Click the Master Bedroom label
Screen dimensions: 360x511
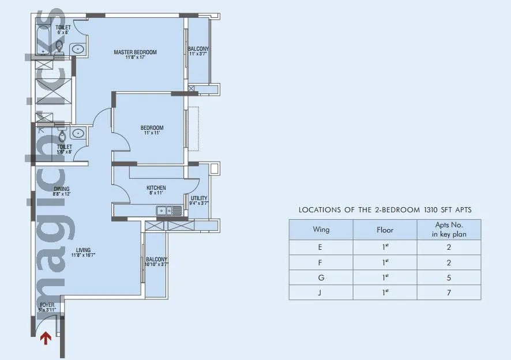click(135, 52)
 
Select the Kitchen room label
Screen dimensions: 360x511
click(156, 188)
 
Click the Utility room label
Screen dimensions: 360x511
click(199, 198)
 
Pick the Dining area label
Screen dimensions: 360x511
click(62, 189)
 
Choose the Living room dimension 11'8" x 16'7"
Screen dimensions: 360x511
click(83, 254)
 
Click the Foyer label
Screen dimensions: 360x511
click(47, 305)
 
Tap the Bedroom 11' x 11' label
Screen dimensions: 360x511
click(152, 128)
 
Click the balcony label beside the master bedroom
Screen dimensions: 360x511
click(198, 49)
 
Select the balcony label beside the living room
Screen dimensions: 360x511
click(156, 260)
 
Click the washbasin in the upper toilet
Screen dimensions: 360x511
click(77, 50)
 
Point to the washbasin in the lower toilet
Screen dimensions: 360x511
click(77, 134)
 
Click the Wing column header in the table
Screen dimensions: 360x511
click(321, 230)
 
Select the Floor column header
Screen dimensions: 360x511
click(385, 230)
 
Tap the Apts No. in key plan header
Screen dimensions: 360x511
click(448, 230)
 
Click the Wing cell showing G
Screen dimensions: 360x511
click(321, 277)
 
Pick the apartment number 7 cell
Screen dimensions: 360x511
click(448, 292)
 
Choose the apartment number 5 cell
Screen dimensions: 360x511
click(448, 277)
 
